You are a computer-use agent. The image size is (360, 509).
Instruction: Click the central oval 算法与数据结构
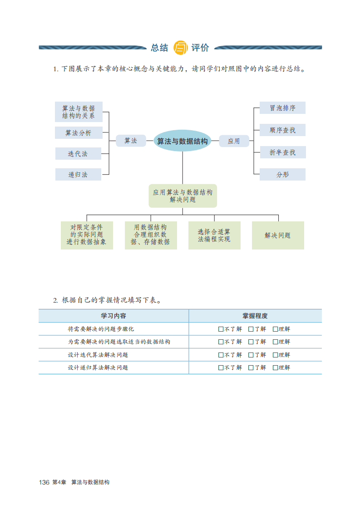(182, 141)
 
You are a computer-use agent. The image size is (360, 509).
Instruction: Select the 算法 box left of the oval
(131, 141)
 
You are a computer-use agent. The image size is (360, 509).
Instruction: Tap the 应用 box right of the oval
(234, 141)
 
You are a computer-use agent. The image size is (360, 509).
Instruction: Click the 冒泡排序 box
(282, 108)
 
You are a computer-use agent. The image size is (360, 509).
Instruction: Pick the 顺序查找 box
(282, 130)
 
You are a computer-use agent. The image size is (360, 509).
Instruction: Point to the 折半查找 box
(282, 152)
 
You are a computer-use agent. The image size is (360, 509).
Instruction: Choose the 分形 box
(282, 175)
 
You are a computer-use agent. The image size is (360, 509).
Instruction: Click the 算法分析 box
(78, 133)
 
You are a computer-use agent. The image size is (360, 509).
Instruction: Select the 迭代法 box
(78, 154)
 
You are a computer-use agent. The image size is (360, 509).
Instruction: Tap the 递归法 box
(78, 175)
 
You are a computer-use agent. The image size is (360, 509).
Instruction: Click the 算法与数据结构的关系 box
(79, 112)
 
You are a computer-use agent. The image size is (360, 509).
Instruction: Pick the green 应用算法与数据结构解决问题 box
(182, 196)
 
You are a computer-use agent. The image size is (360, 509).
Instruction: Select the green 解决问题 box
(278, 235)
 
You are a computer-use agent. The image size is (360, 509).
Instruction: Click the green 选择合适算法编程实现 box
(214, 235)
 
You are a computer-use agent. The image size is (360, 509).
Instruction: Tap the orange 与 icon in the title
(180, 47)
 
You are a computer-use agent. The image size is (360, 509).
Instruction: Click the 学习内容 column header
(113, 316)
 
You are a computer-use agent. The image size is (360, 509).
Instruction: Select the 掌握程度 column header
(255, 316)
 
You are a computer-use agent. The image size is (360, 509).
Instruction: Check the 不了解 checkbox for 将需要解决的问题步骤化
(221, 329)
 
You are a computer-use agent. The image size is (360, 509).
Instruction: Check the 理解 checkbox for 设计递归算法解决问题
(275, 367)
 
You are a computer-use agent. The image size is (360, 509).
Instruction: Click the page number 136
(44, 482)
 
